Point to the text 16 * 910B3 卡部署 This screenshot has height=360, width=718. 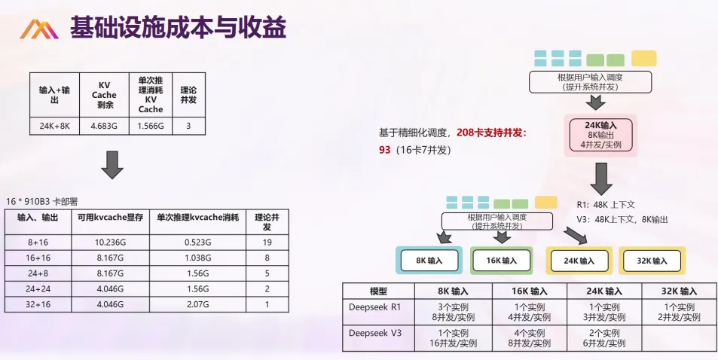[x=41, y=202]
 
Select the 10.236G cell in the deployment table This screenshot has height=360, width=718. [x=110, y=243]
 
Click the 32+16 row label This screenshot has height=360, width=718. [x=38, y=305]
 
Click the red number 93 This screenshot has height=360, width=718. [x=385, y=150]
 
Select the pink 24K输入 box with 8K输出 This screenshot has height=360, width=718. [x=600, y=135]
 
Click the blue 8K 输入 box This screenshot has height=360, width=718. [x=426, y=261]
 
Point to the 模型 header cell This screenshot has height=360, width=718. [x=378, y=291]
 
